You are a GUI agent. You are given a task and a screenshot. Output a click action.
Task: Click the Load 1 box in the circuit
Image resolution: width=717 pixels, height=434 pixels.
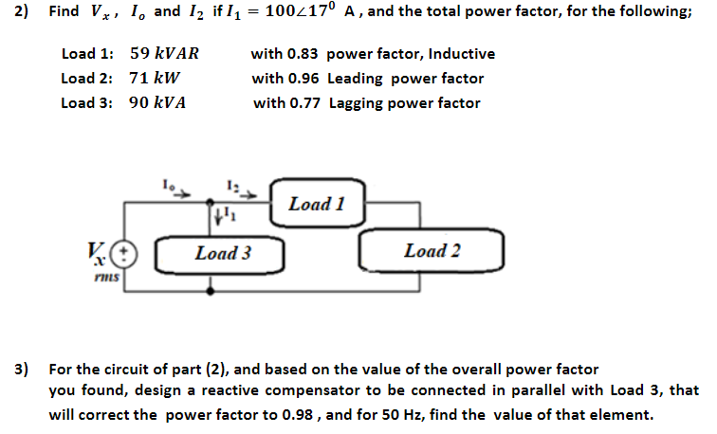317,204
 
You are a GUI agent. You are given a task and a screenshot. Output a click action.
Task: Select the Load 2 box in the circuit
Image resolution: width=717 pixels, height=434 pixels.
432,251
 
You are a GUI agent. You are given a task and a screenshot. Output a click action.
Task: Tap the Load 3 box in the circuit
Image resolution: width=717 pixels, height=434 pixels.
223,253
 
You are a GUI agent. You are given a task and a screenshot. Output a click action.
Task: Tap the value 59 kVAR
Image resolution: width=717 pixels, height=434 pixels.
163,54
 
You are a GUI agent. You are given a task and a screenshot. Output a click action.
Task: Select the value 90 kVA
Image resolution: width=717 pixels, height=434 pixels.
156,103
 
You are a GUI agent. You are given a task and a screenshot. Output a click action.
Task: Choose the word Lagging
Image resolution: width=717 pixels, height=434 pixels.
357,103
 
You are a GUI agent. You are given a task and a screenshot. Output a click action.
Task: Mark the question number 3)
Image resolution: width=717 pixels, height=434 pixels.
21,367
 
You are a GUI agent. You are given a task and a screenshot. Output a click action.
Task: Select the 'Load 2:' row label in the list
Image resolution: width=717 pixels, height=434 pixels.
87,79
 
